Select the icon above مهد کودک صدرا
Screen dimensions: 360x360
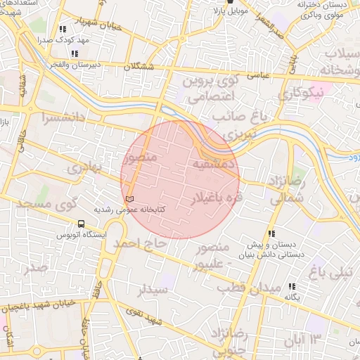tap(63, 30)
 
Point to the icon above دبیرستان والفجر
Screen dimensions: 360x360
tap(75, 53)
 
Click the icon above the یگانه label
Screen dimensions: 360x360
tap(292, 286)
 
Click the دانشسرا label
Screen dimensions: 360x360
tap(67, 118)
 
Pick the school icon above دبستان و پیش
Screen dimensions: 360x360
tap(271, 234)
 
